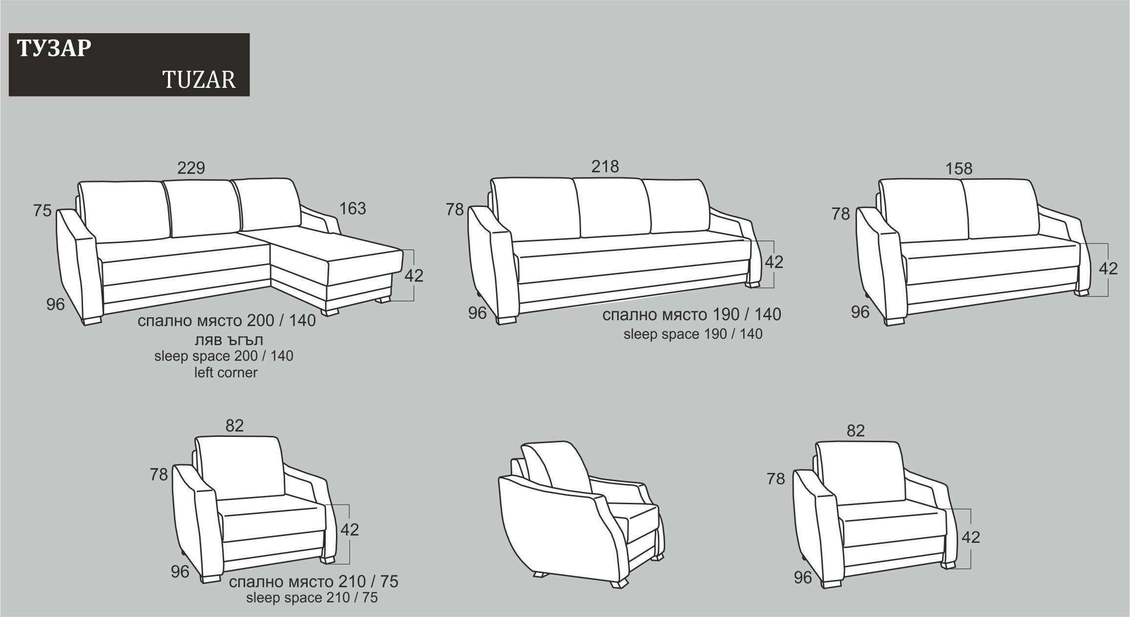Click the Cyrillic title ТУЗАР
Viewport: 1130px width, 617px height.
[x=54, y=48]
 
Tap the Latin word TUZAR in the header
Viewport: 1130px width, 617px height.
[x=199, y=80]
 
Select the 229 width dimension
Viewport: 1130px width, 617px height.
[x=191, y=168]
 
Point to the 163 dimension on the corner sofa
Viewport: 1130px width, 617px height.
[x=353, y=208]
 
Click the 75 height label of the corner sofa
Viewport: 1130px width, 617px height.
[x=42, y=210]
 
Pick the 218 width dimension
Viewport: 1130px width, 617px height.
[x=605, y=166]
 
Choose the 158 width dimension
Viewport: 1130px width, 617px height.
[x=959, y=168]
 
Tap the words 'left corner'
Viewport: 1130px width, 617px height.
[x=226, y=372]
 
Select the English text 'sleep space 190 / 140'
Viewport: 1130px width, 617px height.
[x=693, y=334]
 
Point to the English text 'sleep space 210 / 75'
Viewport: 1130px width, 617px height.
[x=312, y=597]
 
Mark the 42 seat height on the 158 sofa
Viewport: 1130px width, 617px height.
[x=1108, y=268]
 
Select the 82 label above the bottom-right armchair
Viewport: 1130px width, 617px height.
[x=856, y=431]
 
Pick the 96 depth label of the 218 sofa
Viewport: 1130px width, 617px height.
[x=477, y=313]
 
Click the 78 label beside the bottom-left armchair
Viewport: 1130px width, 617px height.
[x=159, y=474]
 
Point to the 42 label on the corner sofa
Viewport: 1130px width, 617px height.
[x=414, y=276]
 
